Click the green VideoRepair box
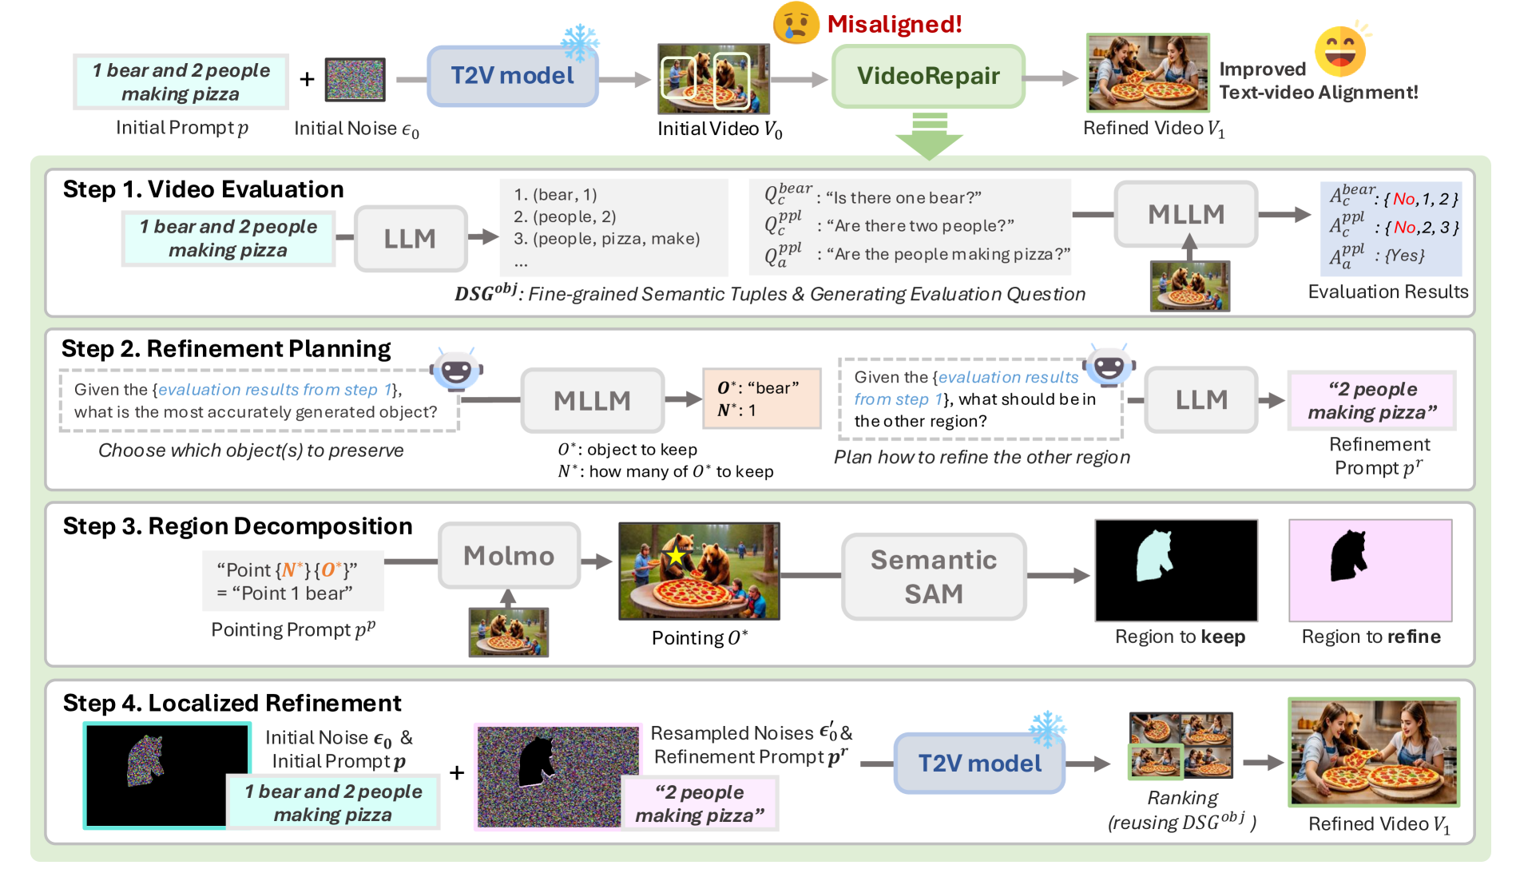[x=927, y=76]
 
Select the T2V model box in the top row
[x=512, y=76]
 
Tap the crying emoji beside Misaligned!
[x=796, y=22]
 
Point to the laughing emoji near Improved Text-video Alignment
[x=1339, y=50]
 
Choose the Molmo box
[x=509, y=556]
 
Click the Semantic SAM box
[x=933, y=577]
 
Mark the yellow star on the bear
[x=676, y=555]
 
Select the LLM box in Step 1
[x=410, y=238]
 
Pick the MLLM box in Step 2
[x=592, y=400]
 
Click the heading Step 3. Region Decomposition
[x=237, y=526]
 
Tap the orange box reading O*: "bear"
[x=761, y=399]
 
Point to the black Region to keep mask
[x=1176, y=570]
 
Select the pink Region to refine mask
[x=1370, y=570]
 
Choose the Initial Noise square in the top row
[x=355, y=80]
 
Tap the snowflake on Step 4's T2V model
[x=1047, y=728]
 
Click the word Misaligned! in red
[x=894, y=24]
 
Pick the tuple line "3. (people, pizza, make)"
[x=606, y=239]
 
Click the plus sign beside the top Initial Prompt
[x=307, y=79]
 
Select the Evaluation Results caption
[x=1387, y=292]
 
